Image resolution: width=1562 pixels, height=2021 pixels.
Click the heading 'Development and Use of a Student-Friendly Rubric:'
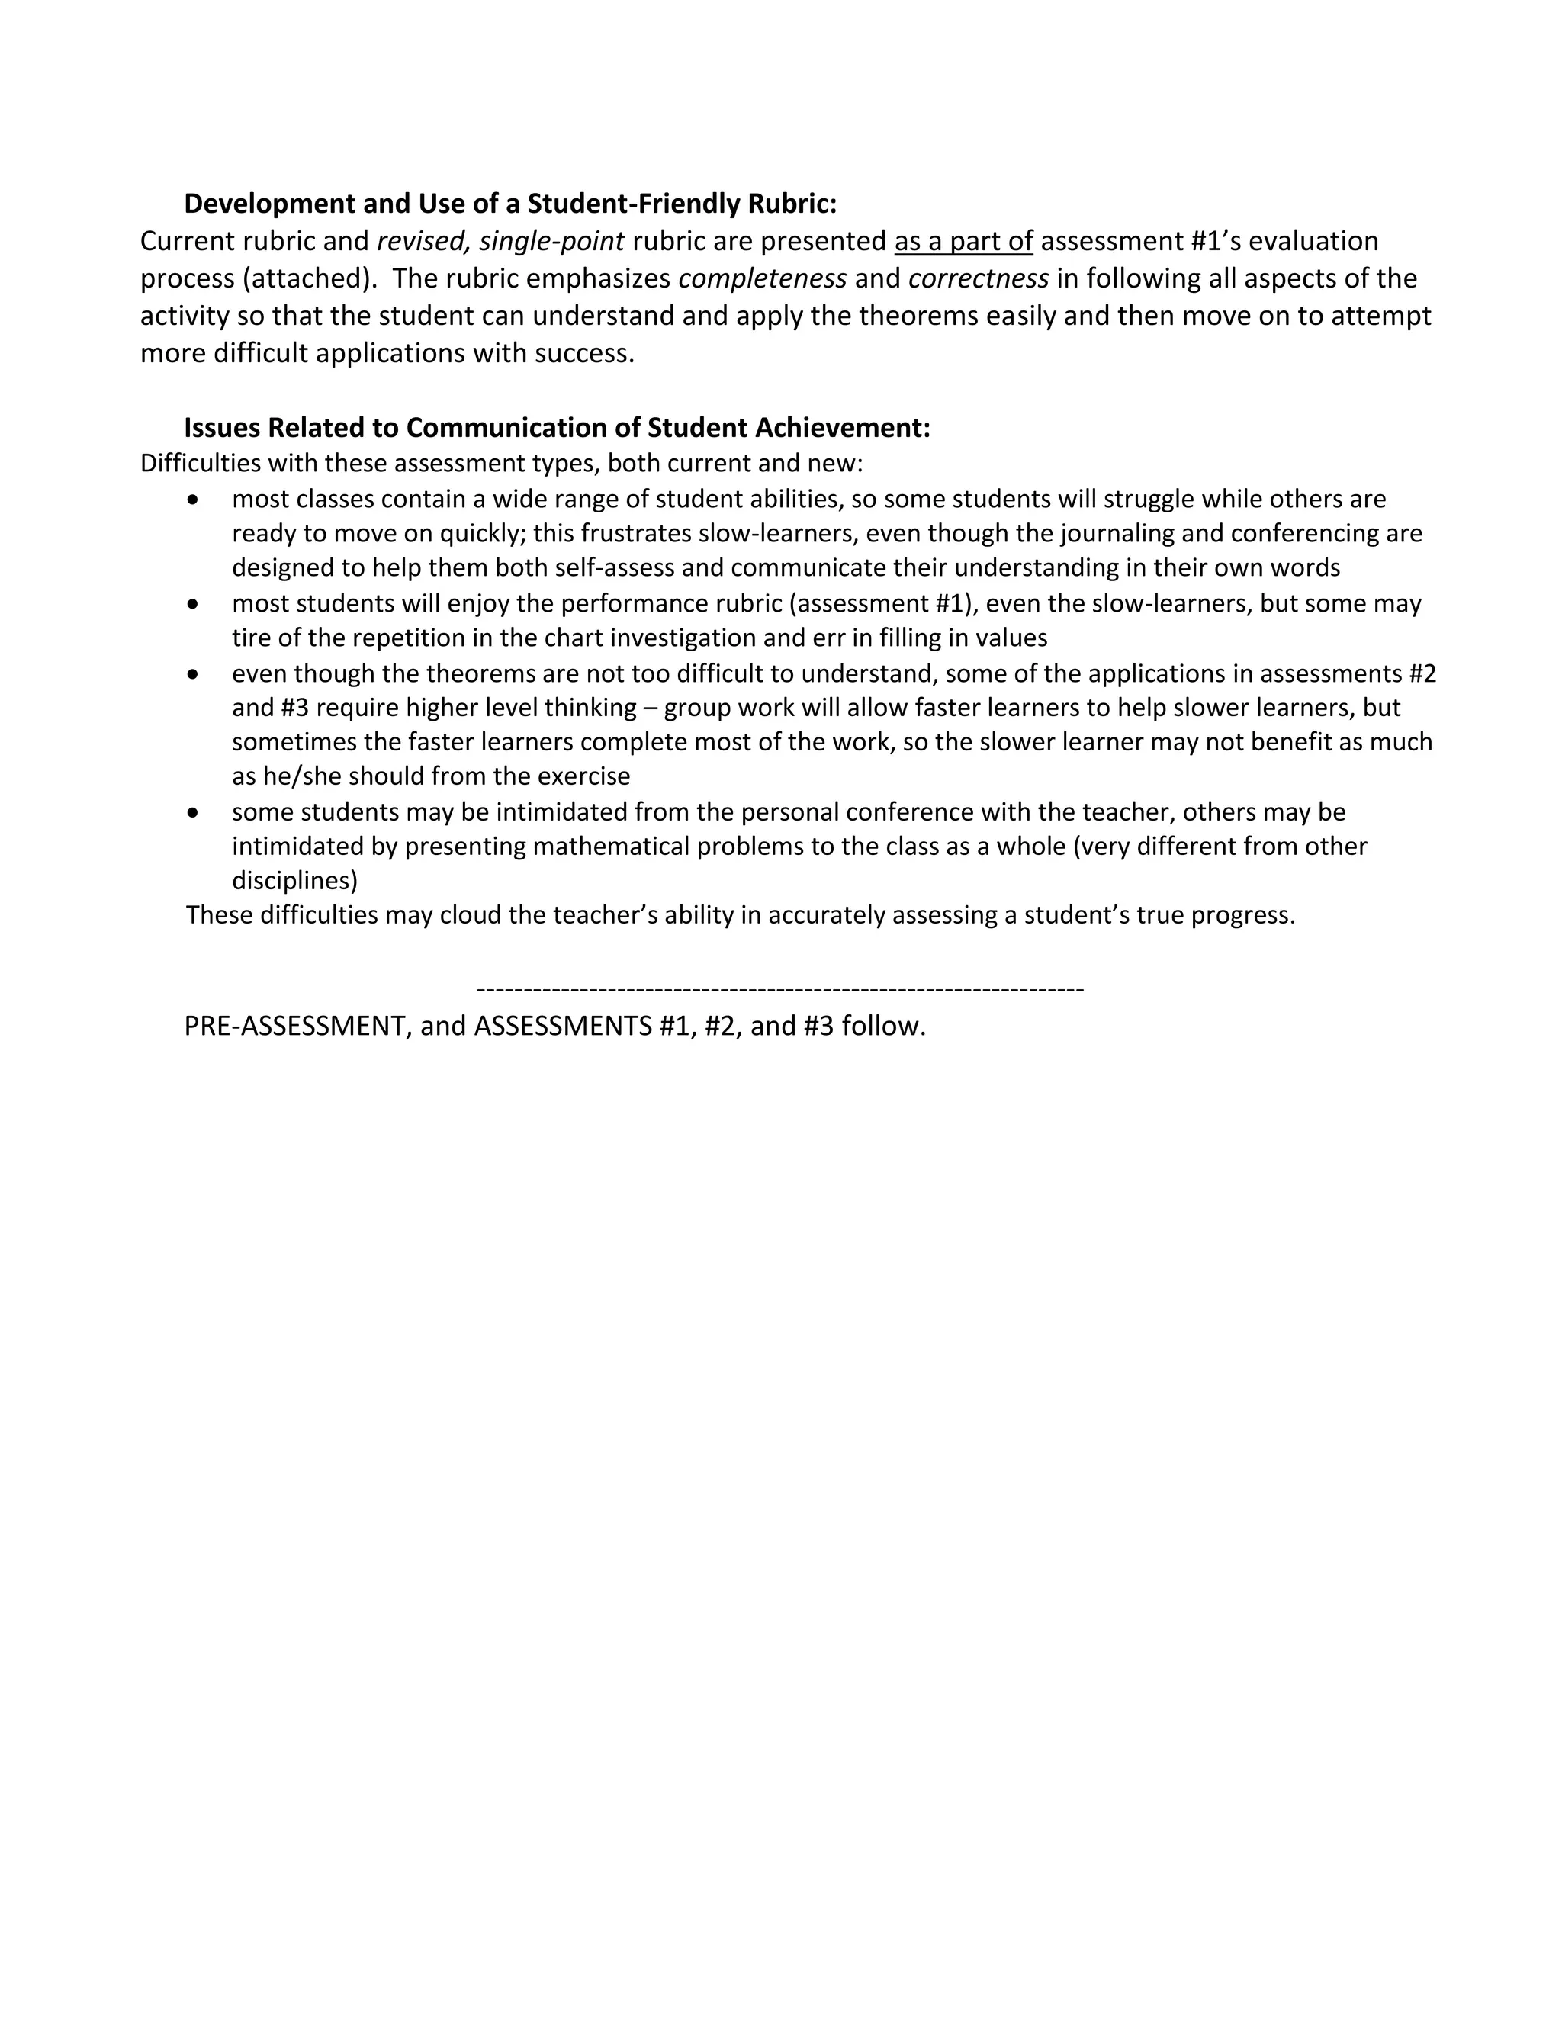pyautogui.click(x=510, y=203)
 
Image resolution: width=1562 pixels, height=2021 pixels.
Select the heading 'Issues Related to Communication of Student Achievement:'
pyautogui.click(x=557, y=428)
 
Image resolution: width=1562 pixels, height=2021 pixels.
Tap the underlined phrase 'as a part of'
pyautogui.click(x=963, y=242)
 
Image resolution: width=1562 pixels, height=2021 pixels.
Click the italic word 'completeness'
pyautogui.click(x=763, y=278)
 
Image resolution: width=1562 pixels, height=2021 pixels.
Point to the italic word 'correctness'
pyautogui.click(x=978, y=278)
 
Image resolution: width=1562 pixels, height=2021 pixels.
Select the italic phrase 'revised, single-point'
pyautogui.click(x=500, y=242)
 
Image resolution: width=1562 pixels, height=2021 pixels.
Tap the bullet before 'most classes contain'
pyautogui.click(x=192, y=500)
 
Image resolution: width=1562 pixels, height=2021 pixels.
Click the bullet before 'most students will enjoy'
pyautogui.click(x=192, y=604)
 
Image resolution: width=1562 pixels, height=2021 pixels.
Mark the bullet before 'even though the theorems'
pyautogui.click(x=192, y=673)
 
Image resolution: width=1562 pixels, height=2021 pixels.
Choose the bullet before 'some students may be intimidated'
pyautogui.click(x=192, y=812)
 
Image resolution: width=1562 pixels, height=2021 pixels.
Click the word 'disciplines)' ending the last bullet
pyautogui.click(x=294, y=880)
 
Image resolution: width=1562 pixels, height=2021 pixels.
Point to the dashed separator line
pyautogui.click(x=779, y=990)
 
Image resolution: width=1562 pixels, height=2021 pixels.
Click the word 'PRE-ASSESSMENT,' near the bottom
pyautogui.click(x=298, y=1027)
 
